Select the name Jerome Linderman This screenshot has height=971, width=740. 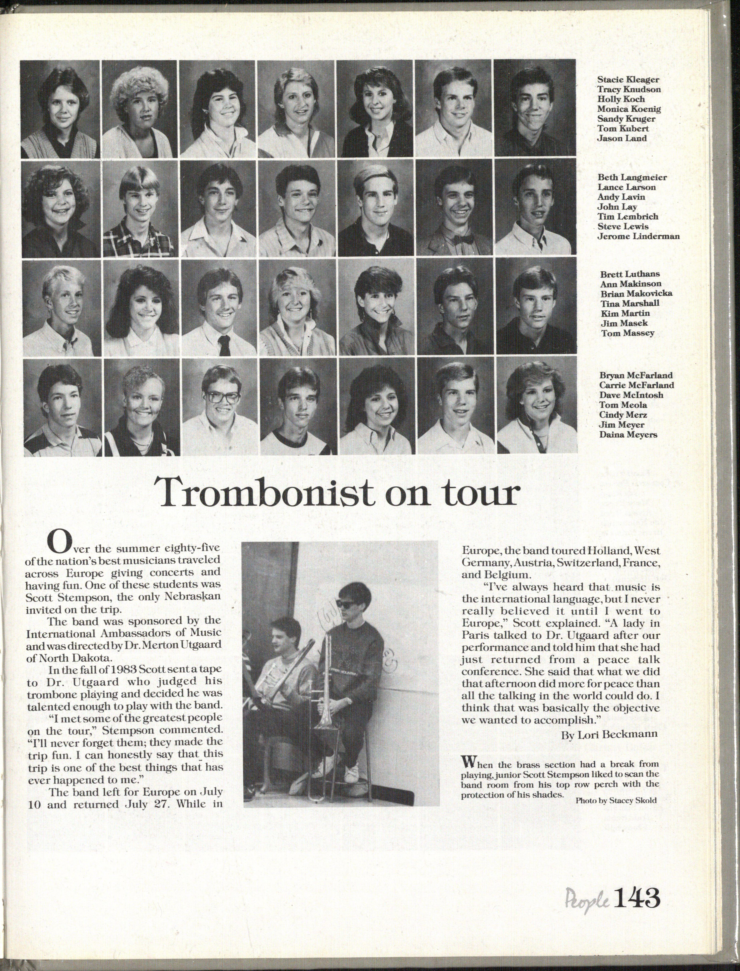[638, 236]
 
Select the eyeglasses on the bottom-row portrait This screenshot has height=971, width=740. [222, 397]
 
